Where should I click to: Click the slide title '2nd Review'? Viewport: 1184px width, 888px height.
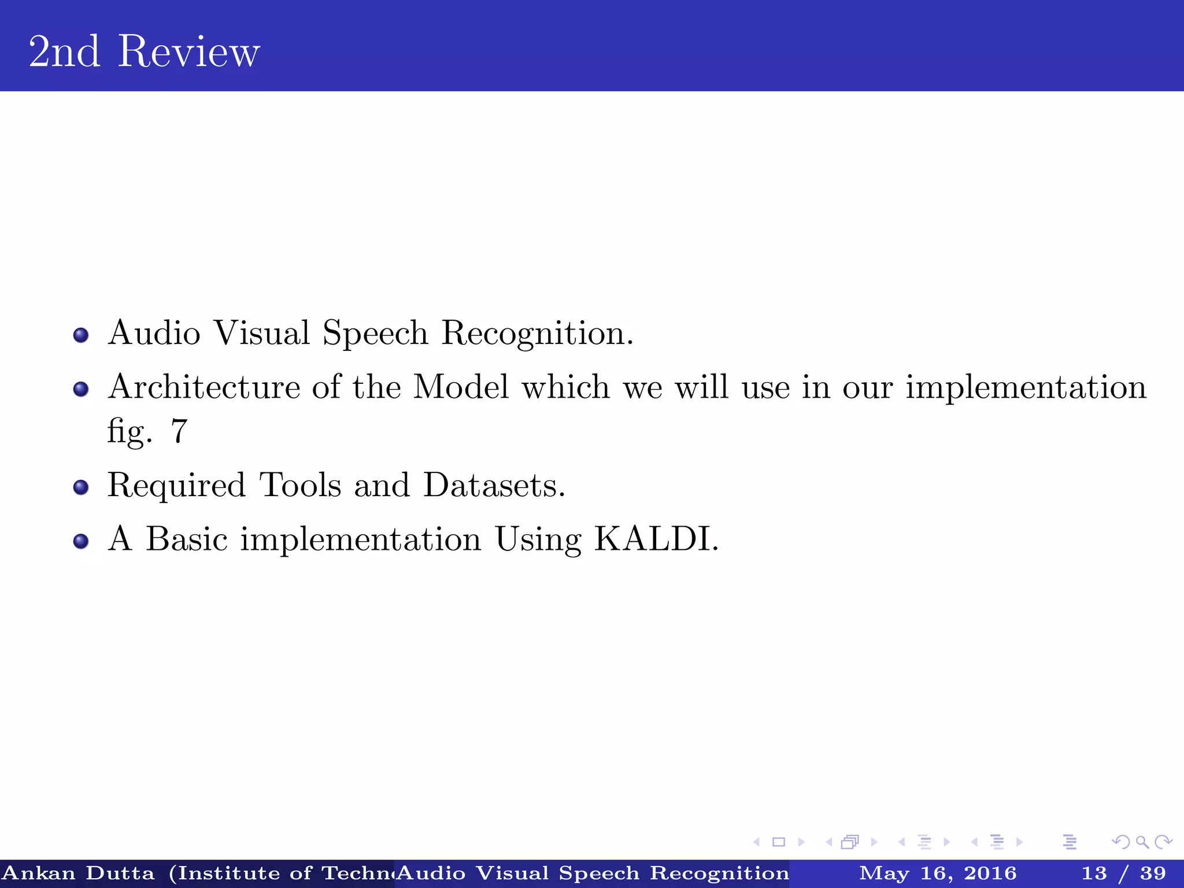pos(144,51)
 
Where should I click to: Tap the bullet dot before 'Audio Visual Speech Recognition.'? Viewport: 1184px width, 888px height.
pos(81,335)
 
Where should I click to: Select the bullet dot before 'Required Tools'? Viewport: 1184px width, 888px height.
pos(81,487)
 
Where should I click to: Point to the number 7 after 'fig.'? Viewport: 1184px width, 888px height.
pos(179,431)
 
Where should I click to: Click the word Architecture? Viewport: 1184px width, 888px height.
pos(204,387)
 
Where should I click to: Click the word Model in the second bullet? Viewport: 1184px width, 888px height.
pos(461,387)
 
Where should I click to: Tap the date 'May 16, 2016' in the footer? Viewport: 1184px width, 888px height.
pos(937,873)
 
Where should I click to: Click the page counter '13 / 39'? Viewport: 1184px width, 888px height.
pos(1123,873)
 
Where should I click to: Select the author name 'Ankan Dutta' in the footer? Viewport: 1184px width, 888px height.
pos(79,873)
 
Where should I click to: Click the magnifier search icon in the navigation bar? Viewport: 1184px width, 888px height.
pos(1141,842)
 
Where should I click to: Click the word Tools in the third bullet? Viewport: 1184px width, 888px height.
pos(300,485)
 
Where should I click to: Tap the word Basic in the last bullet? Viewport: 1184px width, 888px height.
pos(186,539)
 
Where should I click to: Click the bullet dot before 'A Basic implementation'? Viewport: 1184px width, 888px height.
pos(81,541)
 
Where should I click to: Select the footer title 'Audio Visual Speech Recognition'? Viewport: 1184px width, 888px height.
pos(593,873)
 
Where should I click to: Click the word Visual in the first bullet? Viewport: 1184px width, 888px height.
pos(261,333)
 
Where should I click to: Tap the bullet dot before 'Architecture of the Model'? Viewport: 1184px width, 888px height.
pos(81,389)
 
